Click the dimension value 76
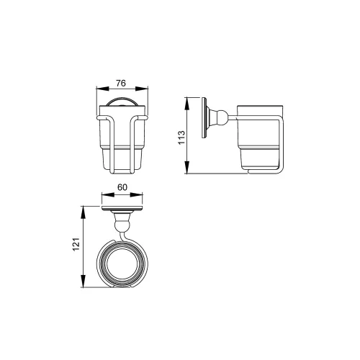[121, 84]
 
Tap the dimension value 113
[181, 138]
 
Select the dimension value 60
[122, 187]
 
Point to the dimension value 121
[76, 244]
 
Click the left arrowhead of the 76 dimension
[102, 89]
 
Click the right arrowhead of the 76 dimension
[142, 89]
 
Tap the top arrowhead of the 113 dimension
[187, 104]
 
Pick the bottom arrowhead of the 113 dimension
[187, 167]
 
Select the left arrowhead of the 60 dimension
[108, 194]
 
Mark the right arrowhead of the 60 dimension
[137, 194]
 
